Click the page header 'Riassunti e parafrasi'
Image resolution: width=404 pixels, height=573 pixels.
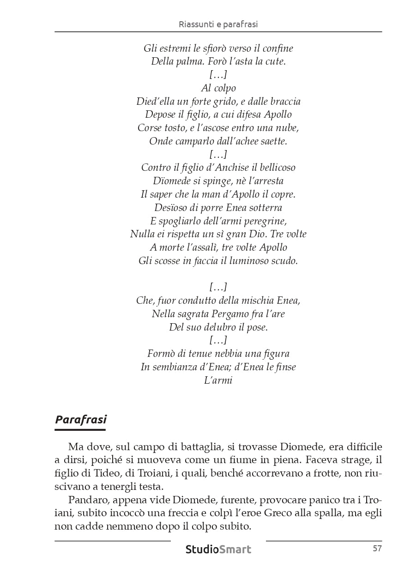[x=218, y=24]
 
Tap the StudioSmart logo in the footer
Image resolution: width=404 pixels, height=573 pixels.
[x=218, y=549]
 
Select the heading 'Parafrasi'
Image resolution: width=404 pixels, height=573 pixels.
[x=81, y=419]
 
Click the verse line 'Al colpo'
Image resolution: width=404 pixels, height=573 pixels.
[x=218, y=88]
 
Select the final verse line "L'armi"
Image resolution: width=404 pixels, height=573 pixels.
[x=218, y=380]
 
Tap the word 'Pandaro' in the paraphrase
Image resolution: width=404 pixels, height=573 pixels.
[x=85, y=500]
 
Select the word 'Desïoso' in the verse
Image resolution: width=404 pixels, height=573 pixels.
[x=172, y=207]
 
